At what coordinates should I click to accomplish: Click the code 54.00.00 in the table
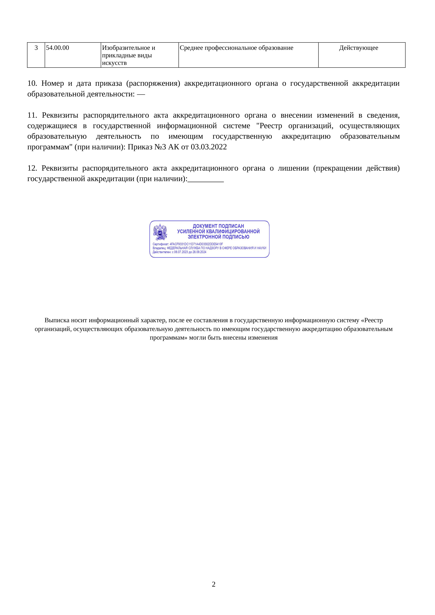(x=57, y=48)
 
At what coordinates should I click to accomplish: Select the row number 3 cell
(x=36, y=48)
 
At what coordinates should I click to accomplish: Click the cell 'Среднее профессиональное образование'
(x=236, y=48)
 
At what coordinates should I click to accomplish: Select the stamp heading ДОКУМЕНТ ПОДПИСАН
(x=218, y=226)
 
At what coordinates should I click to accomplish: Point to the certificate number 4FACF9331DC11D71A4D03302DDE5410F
(x=196, y=244)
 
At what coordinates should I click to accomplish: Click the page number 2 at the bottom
(x=214, y=584)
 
